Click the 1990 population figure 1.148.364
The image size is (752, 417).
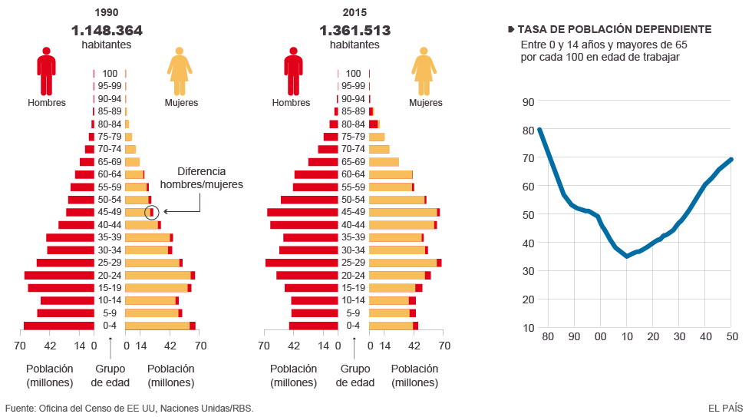tap(107, 31)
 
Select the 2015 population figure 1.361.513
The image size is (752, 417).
tap(355, 31)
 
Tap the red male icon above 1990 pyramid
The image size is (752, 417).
tap(46, 71)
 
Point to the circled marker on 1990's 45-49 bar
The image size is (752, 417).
tap(152, 212)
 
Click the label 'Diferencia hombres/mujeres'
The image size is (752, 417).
tap(201, 178)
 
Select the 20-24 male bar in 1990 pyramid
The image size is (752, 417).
tap(59, 275)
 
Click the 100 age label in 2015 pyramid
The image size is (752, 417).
tap(354, 74)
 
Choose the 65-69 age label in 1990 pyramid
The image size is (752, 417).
tap(110, 162)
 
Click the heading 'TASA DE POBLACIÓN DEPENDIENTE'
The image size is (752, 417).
tap(614, 29)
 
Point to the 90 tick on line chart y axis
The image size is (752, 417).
tap(528, 101)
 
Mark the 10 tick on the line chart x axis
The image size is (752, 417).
tap(627, 336)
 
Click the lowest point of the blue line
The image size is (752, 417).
tap(627, 256)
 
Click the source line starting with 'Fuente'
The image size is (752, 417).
tap(129, 408)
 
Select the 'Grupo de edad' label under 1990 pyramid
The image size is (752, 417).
tap(110, 376)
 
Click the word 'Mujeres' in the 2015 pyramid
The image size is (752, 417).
tap(425, 103)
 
